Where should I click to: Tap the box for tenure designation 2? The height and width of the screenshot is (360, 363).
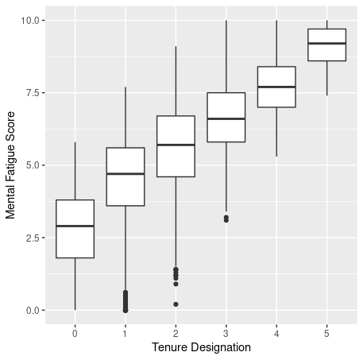pos(176,146)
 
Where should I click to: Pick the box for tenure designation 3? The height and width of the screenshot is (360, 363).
pos(226,118)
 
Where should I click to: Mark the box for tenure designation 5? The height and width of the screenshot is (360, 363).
pos(327,45)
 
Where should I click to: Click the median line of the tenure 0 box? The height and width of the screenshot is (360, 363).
pos(75,226)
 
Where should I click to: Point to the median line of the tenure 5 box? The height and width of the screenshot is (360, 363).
pos(327,43)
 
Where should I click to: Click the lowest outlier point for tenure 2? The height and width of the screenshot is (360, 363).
pos(176,304)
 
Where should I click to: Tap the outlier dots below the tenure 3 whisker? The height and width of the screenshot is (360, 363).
pos(226,219)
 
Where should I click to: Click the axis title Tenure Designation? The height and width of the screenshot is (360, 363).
pos(201,347)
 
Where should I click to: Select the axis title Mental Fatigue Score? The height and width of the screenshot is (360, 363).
pos(11,165)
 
